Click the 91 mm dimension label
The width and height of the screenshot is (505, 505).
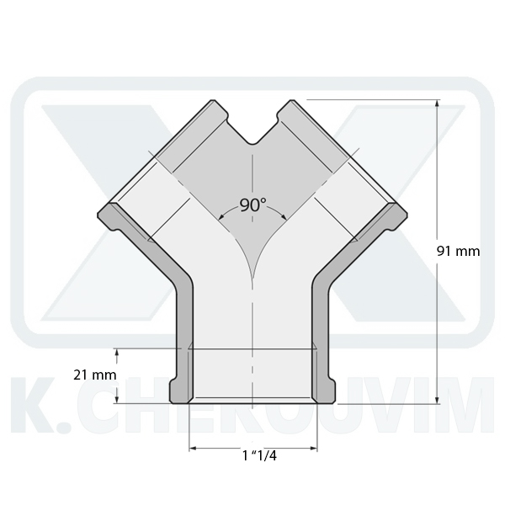click(459, 251)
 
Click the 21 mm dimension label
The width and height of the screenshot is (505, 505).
click(94, 375)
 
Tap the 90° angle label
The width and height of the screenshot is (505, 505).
click(253, 205)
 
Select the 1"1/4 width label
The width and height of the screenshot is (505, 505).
click(259, 455)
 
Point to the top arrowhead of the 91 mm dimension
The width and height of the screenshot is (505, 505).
click(437, 103)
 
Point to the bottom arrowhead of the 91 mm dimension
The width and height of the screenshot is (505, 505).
click(437, 400)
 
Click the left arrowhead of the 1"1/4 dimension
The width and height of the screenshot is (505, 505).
click(193, 448)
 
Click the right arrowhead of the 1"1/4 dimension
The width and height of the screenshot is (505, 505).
click(314, 448)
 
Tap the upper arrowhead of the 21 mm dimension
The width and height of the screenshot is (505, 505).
click(117, 352)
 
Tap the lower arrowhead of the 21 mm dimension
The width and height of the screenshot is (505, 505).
click(117, 399)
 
